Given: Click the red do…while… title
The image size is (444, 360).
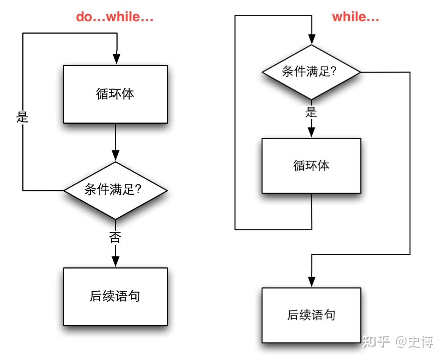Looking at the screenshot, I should pyautogui.click(x=115, y=17).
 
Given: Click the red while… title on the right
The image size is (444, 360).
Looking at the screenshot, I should pyautogui.click(x=356, y=17).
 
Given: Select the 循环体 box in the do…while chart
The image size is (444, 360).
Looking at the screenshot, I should pyautogui.click(x=115, y=94).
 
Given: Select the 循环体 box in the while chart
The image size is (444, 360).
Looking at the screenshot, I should pyautogui.click(x=311, y=166).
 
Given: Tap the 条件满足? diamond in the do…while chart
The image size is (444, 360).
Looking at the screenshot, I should pyautogui.click(x=115, y=190).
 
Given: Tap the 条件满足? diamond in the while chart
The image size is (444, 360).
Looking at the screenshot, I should pyautogui.click(x=311, y=72).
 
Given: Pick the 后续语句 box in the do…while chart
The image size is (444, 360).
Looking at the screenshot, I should pyautogui.click(x=115, y=296).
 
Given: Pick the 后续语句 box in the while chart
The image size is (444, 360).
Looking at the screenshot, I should pyautogui.click(x=311, y=315).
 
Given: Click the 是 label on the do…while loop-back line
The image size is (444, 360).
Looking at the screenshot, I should pyautogui.click(x=23, y=118).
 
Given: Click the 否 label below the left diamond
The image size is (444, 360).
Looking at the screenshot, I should pyautogui.click(x=115, y=237).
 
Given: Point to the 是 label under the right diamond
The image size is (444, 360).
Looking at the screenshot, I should pyautogui.click(x=311, y=112).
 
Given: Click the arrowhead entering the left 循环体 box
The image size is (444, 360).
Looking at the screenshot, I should pyautogui.click(x=117, y=59).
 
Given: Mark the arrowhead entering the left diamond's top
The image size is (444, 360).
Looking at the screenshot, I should pyautogui.click(x=116, y=155).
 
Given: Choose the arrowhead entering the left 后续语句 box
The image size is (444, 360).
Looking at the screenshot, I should pyautogui.click(x=116, y=261).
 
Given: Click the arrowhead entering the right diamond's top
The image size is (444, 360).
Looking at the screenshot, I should pyautogui.click(x=311, y=39).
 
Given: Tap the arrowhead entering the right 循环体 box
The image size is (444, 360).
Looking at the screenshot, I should pyautogui.click(x=311, y=132).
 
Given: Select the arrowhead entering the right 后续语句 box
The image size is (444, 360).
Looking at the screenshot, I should pyautogui.click(x=311, y=281).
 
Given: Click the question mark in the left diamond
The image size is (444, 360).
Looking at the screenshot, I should pyautogui.click(x=138, y=189).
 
